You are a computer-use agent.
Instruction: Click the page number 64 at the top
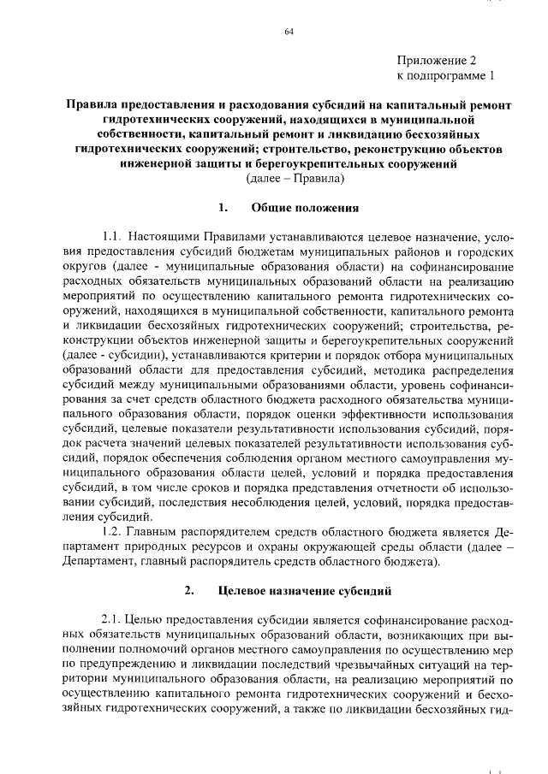[289, 32]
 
